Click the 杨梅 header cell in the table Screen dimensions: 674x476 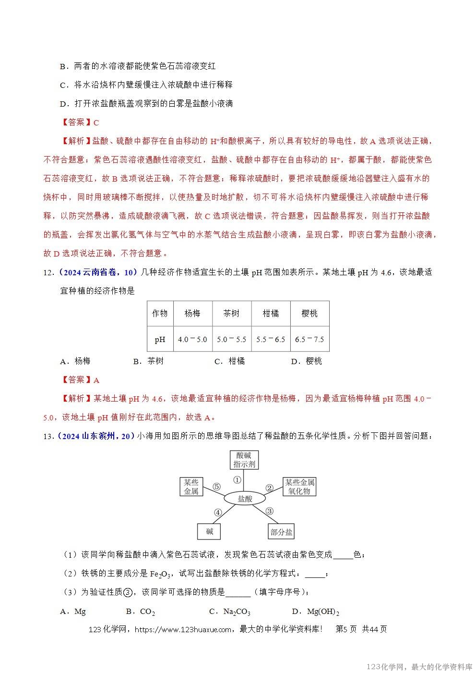(192, 313)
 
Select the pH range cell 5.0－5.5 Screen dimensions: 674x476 (231, 339)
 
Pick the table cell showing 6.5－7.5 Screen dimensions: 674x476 (309, 339)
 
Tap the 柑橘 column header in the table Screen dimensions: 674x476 (271, 313)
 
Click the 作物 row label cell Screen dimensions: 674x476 (160, 313)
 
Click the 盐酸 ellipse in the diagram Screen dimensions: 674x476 (245, 499)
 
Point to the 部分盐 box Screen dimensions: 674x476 (281, 532)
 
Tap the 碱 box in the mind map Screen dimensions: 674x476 (210, 531)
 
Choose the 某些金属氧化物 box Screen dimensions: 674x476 (299, 487)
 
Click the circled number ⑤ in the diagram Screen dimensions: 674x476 (216, 487)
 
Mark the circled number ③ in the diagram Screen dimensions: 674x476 (269, 511)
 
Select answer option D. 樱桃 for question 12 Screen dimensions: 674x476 (307, 361)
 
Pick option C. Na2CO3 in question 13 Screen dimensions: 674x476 (230, 612)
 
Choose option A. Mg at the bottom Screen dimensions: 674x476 (73, 612)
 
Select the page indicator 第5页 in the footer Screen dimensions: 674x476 (346, 629)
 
